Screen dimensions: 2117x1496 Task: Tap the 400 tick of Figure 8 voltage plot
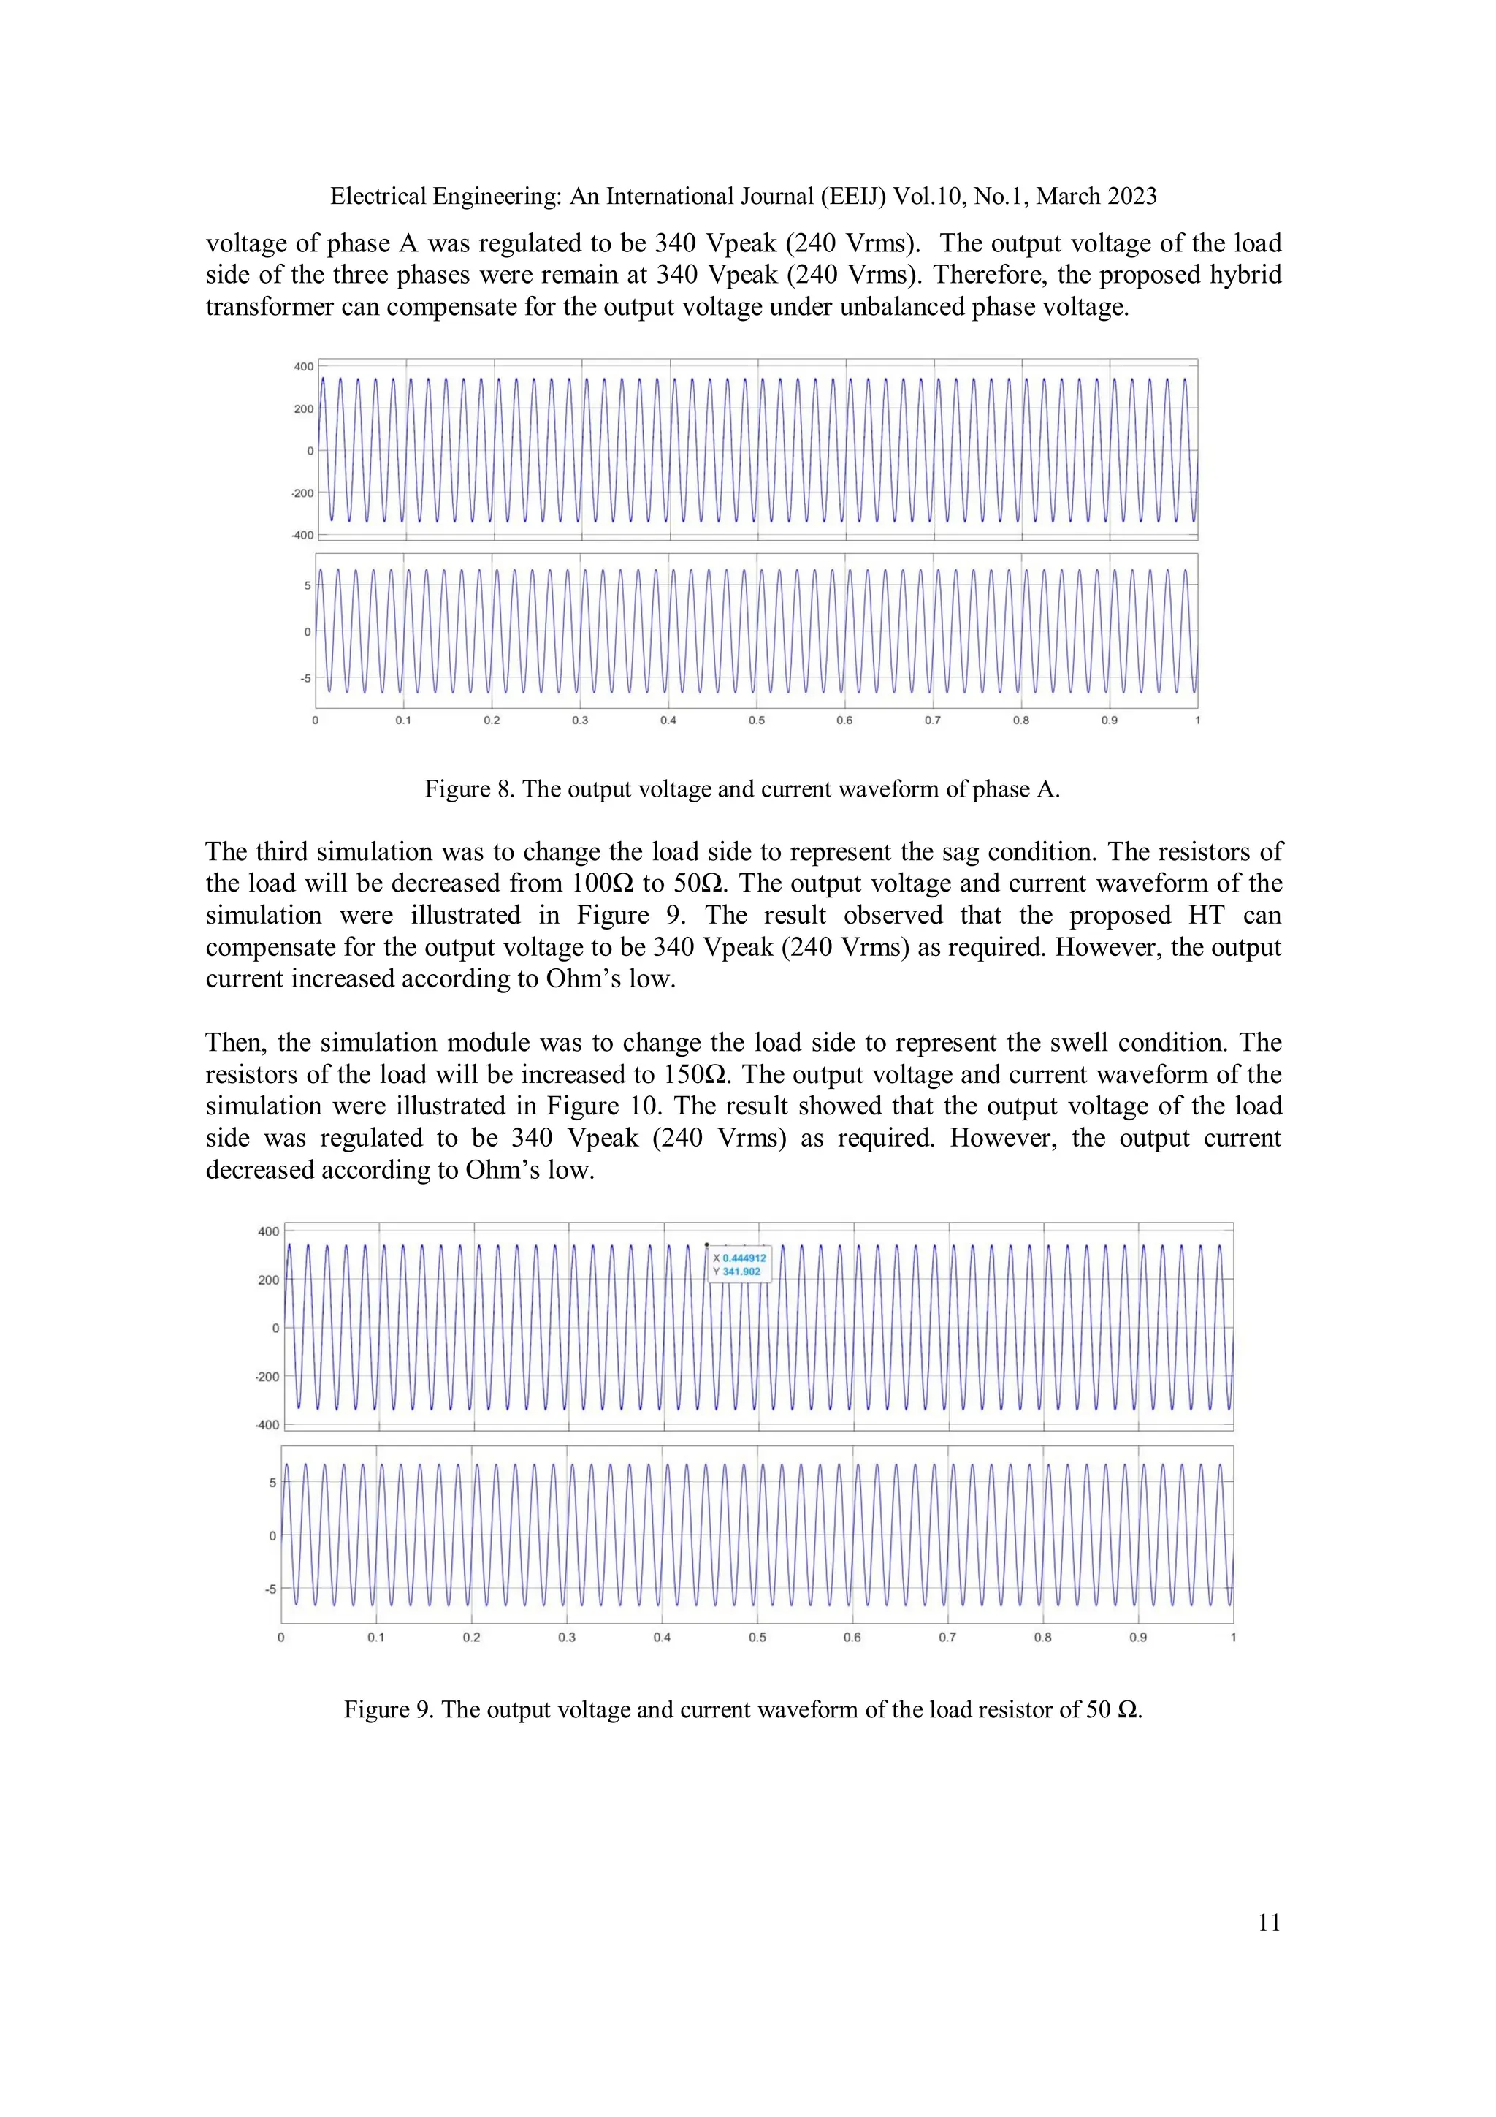click(303, 367)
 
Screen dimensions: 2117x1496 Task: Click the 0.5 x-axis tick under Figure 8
click(756, 720)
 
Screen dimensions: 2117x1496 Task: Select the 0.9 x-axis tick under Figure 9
click(1137, 1638)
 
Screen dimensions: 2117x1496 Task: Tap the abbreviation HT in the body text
click(1206, 916)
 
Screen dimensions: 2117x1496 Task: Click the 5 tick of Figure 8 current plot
click(308, 585)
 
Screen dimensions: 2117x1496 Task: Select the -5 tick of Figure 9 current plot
click(270, 1589)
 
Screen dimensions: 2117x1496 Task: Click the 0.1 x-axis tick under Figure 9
click(376, 1638)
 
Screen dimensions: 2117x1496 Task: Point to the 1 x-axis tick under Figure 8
click(1197, 720)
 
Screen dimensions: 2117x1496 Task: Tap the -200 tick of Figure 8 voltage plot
click(302, 493)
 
